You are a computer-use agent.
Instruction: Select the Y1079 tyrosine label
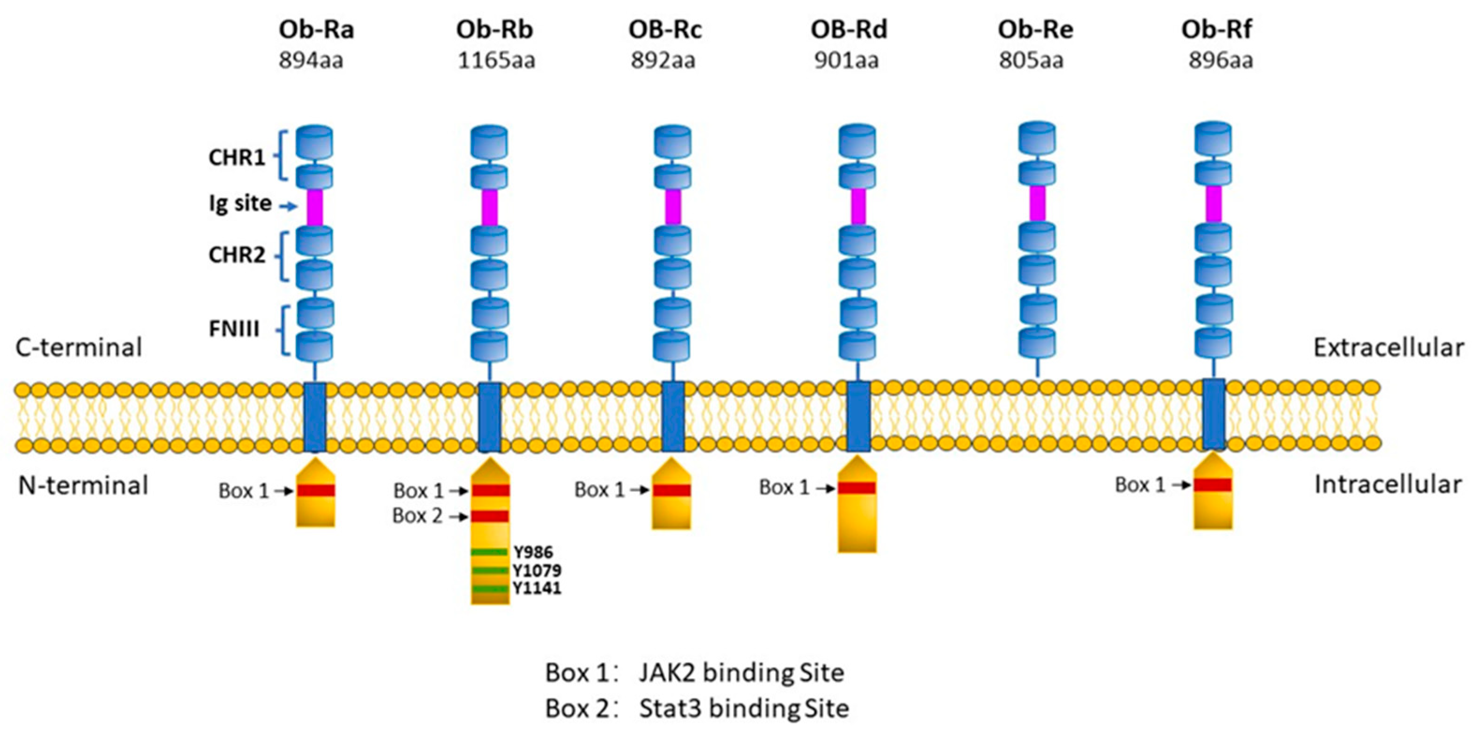537,570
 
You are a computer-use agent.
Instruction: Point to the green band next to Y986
489,552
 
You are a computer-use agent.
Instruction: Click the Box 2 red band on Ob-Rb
490,516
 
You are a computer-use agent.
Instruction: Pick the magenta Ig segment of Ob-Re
1037,203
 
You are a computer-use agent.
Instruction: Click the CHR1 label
237,157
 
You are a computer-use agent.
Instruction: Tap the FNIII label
233,329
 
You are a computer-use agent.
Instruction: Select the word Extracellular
1388,348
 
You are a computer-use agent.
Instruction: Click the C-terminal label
79,348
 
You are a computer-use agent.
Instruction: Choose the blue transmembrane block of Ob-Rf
1213,414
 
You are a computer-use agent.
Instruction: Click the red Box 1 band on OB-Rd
857,488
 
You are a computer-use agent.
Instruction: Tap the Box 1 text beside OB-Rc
599,489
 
